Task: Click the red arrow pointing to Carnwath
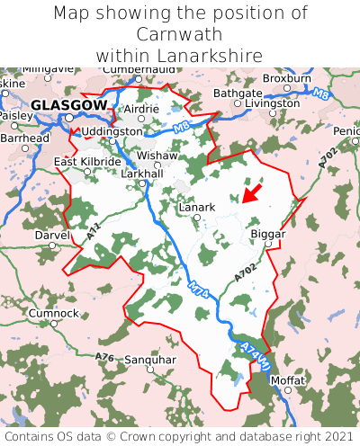pos(254,192)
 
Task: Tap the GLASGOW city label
pos(67,105)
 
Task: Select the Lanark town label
pos(197,207)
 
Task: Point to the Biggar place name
pos(267,233)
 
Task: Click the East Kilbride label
pos(87,162)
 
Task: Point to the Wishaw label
pos(157,155)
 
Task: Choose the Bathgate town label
pos(238,93)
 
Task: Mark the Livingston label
pos(272,103)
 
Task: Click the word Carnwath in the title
pos(180,34)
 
